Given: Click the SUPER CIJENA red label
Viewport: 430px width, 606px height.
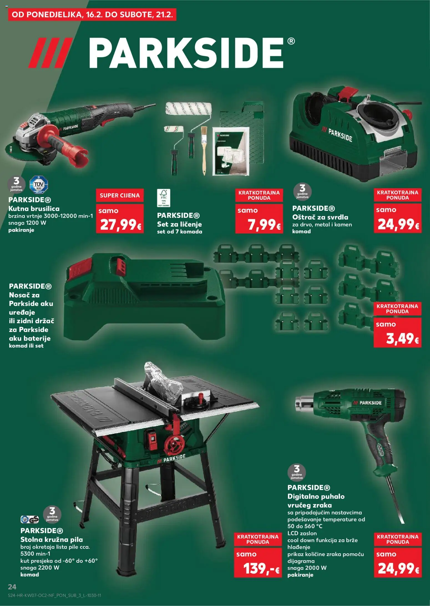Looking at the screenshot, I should click(120, 195).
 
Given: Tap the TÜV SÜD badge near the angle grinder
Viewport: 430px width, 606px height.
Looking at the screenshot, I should click(39, 184).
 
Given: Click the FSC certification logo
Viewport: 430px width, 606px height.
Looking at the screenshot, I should click(163, 198).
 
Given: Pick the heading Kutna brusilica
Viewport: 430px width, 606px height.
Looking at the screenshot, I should click(34, 209).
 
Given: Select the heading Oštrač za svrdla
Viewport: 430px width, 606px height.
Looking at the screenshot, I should click(320, 217).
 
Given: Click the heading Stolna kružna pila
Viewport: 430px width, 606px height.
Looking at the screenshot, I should click(52, 539).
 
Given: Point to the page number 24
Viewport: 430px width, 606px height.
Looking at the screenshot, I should click(12, 587).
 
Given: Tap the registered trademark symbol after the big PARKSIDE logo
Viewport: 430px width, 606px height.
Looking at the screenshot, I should click(291, 41).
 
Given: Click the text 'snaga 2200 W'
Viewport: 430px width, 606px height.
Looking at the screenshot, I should click(40, 567).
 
